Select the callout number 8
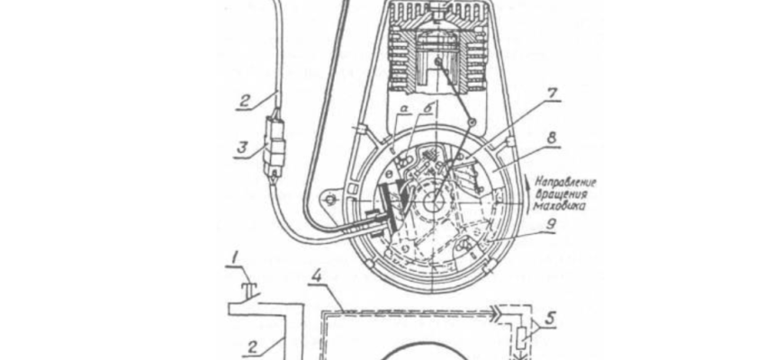[552, 138]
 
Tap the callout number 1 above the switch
[235, 257]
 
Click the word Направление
[566, 184]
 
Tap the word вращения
[558, 194]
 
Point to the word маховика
[559, 205]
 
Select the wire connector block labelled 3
[274, 148]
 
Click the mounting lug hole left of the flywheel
[329, 201]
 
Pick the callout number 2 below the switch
[254, 347]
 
